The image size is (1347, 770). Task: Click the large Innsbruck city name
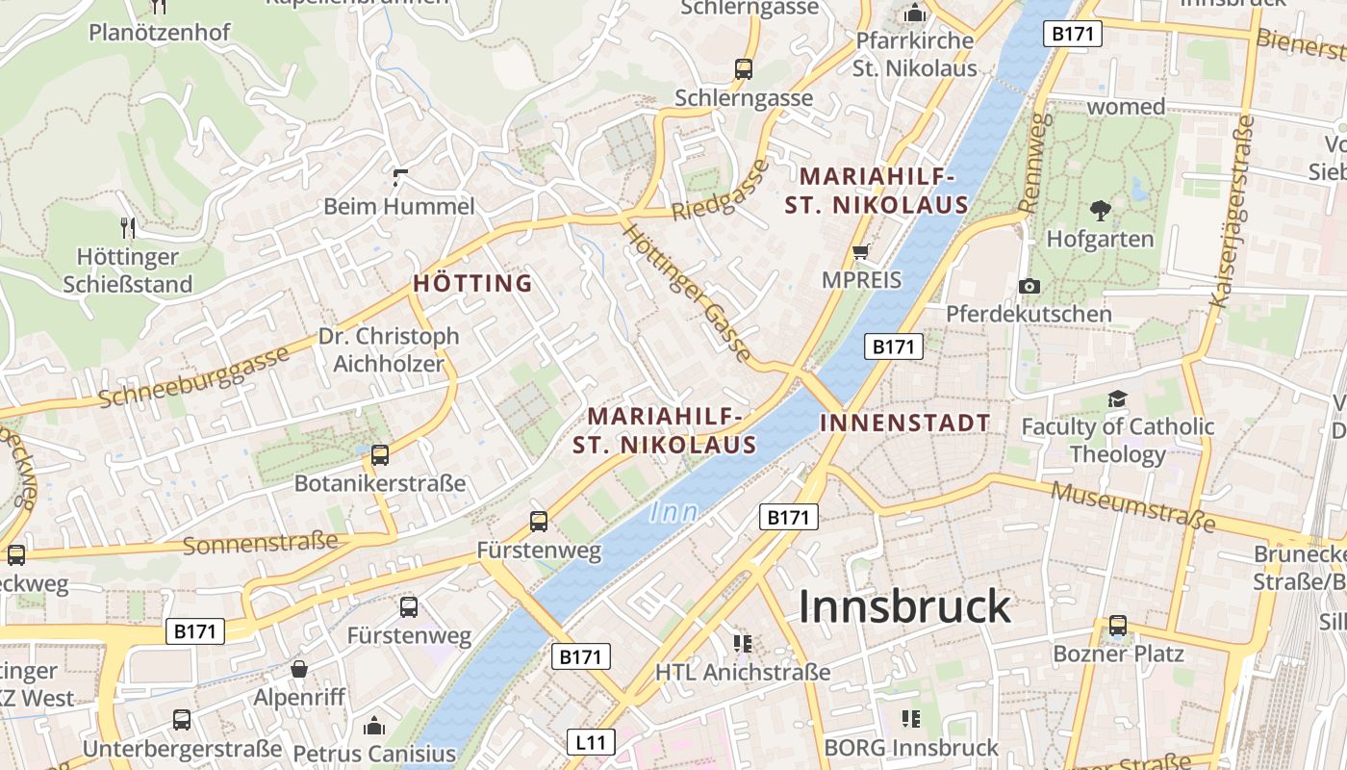(904, 606)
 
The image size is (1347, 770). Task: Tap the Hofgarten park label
(1100, 239)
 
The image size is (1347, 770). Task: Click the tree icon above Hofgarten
(1100, 210)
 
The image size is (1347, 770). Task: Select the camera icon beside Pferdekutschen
(1029, 286)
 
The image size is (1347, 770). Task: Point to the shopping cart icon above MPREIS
(861, 251)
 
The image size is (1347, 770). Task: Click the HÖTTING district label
(472, 283)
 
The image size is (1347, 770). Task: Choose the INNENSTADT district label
(904, 423)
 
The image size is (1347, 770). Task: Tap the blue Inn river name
(673, 512)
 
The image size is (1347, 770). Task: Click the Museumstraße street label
(1132, 507)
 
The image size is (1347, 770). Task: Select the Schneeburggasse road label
(193, 377)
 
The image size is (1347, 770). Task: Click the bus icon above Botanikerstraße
(380, 455)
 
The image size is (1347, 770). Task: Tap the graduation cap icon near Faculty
(1116, 398)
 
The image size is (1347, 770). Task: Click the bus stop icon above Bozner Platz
(1118, 626)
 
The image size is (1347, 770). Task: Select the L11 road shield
(590, 742)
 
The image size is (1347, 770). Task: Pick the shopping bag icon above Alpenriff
(299, 669)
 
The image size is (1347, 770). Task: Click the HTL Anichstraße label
(742, 672)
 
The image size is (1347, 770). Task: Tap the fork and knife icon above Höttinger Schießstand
(128, 228)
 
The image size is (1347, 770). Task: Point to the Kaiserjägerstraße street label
(1233, 212)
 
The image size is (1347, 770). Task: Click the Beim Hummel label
(398, 206)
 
